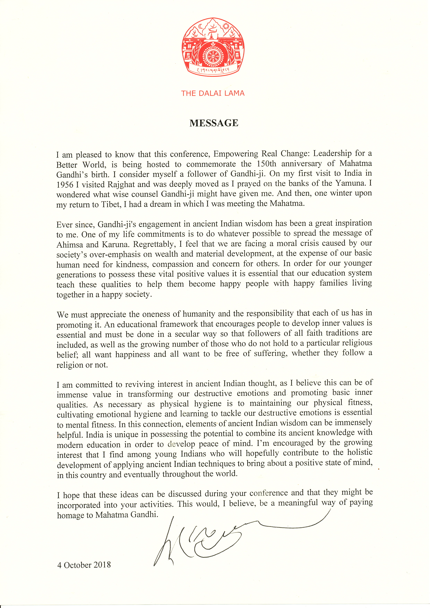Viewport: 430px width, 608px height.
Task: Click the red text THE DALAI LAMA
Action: pos(213,93)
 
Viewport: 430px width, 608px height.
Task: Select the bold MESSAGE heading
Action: pos(214,123)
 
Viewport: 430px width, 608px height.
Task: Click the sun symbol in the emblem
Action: pos(226,26)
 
